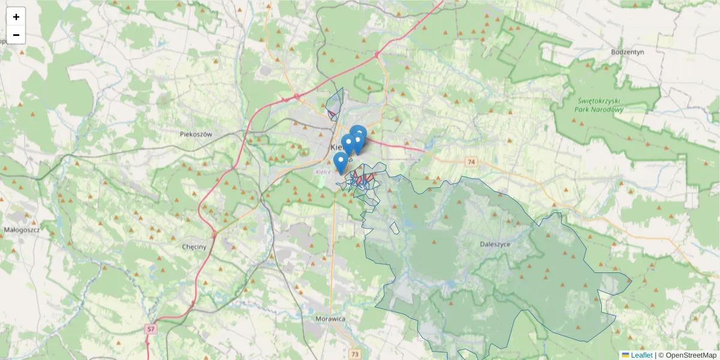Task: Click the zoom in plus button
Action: pos(16,17)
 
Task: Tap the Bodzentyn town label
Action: pos(627,52)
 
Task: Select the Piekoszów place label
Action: pos(196,134)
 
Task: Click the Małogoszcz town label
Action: pos(21,230)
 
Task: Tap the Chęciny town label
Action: pos(194,247)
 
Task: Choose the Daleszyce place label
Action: pos(495,244)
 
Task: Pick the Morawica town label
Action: pos(330,319)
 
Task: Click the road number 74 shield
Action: pos(470,162)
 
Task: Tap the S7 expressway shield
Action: pos(151,329)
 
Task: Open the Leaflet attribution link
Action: pos(641,355)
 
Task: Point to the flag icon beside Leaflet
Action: pos(625,355)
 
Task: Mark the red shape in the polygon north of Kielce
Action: pos(331,113)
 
